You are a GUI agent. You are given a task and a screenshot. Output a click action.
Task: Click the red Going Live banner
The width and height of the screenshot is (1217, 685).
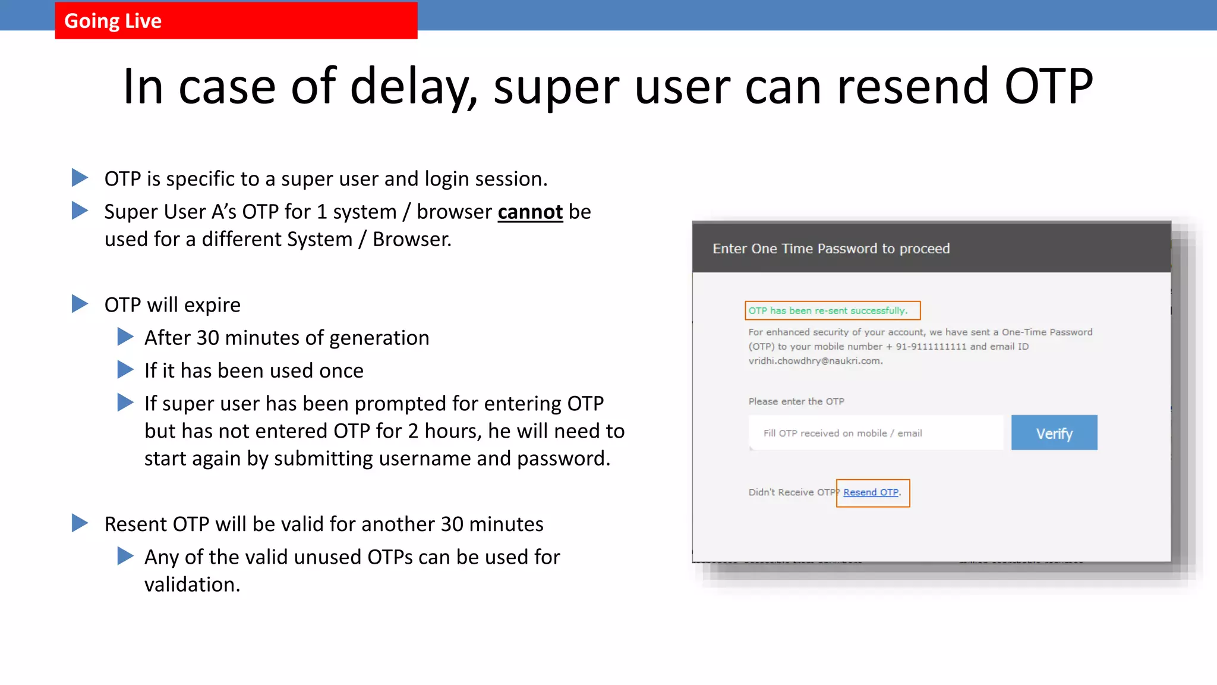coord(236,21)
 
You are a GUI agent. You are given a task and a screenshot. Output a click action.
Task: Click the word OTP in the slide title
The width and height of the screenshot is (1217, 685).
coord(1048,87)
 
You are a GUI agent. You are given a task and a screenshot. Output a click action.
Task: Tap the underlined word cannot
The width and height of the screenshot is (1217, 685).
coord(530,212)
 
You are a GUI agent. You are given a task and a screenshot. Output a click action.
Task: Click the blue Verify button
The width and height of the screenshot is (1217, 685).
coord(1054,433)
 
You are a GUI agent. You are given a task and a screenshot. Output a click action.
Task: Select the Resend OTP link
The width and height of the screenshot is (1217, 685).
coord(871,492)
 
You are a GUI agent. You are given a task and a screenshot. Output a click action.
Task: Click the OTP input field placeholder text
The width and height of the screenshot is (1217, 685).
coord(842,433)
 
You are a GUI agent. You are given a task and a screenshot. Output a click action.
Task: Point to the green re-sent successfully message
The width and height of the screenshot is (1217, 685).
coord(828,310)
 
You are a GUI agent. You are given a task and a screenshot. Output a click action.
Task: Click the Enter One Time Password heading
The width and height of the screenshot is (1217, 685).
coord(831,249)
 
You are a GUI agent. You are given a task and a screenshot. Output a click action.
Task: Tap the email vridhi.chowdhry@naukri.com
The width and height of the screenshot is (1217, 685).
coord(815,361)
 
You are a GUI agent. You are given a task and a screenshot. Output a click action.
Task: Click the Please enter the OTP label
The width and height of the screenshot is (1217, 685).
coord(796,401)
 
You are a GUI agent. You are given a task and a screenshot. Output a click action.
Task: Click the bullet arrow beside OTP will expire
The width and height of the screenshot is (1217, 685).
coord(80,304)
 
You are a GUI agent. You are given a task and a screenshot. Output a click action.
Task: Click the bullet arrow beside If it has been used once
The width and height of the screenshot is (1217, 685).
coord(125,370)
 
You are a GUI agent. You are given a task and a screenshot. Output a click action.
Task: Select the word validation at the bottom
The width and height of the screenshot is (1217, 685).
coord(192,585)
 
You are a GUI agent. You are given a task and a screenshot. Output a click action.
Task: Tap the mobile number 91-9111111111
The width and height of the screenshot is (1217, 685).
coord(931,347)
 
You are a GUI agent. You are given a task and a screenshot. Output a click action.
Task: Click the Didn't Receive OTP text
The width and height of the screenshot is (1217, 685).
coord(792,492)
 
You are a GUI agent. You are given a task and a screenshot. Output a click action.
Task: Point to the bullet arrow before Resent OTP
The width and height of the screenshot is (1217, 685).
coord(80,523)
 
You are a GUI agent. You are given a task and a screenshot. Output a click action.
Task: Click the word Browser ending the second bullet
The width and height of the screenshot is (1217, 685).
coord(411,240)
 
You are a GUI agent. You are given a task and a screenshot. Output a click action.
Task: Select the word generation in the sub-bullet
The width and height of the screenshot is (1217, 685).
coord(379,338)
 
